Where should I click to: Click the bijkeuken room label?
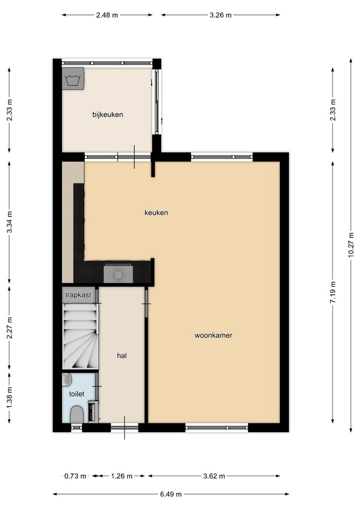(x=108, y=115)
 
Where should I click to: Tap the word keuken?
(x=156, y=213)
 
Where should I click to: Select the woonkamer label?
(x=213, y=335)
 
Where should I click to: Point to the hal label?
(x=122, y=356)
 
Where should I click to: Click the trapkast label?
(x=78, y=295)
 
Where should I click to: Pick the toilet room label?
(x=76, y=394)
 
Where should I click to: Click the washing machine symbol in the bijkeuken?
(x=73, y=78)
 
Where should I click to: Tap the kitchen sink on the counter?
(x=118, y=274)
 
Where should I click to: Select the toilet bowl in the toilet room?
(x=77, y=415)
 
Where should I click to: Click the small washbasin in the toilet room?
(x=67, y=380)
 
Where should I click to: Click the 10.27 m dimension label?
(x=351, y=245)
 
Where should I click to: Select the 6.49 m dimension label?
(x=171, y=494)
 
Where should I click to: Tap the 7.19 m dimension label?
(x=333, y=292)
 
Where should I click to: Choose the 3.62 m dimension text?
(x=214, y=476)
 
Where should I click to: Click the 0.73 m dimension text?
(x=75, y=476)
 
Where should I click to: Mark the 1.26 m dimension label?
(x=122, y=476)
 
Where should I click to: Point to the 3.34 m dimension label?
(x=10, y=222)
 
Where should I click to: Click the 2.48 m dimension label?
(x=107, y=15)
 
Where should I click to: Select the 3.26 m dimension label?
(x=221, y=15)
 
